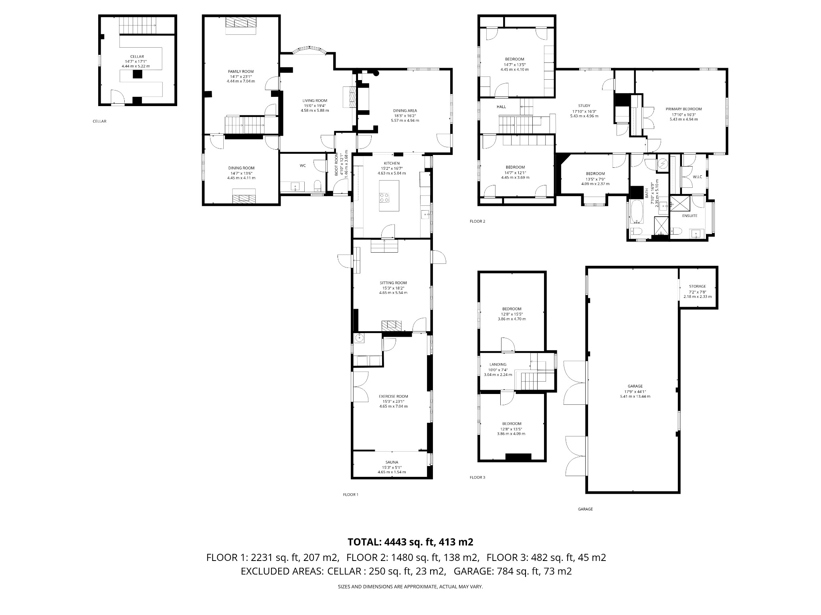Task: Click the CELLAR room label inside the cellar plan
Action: coord(137,56)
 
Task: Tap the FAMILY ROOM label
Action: coord(241,71)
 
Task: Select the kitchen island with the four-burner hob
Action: coord(388,196)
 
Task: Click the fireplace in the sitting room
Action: coord(391,326)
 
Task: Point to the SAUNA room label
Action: coord(392,462)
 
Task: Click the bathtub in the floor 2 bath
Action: coord(637,212)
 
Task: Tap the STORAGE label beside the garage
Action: coord(697,286)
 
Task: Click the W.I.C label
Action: coord(697,177)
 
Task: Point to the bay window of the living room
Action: coord(308,50)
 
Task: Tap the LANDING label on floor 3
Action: coord(497,364)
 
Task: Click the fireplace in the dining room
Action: coord(244,197)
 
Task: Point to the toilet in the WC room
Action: coord(317,185)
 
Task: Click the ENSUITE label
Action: coord(690,215)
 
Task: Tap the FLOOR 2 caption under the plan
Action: coord(477,221)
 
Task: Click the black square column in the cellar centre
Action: coord(138,74)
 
